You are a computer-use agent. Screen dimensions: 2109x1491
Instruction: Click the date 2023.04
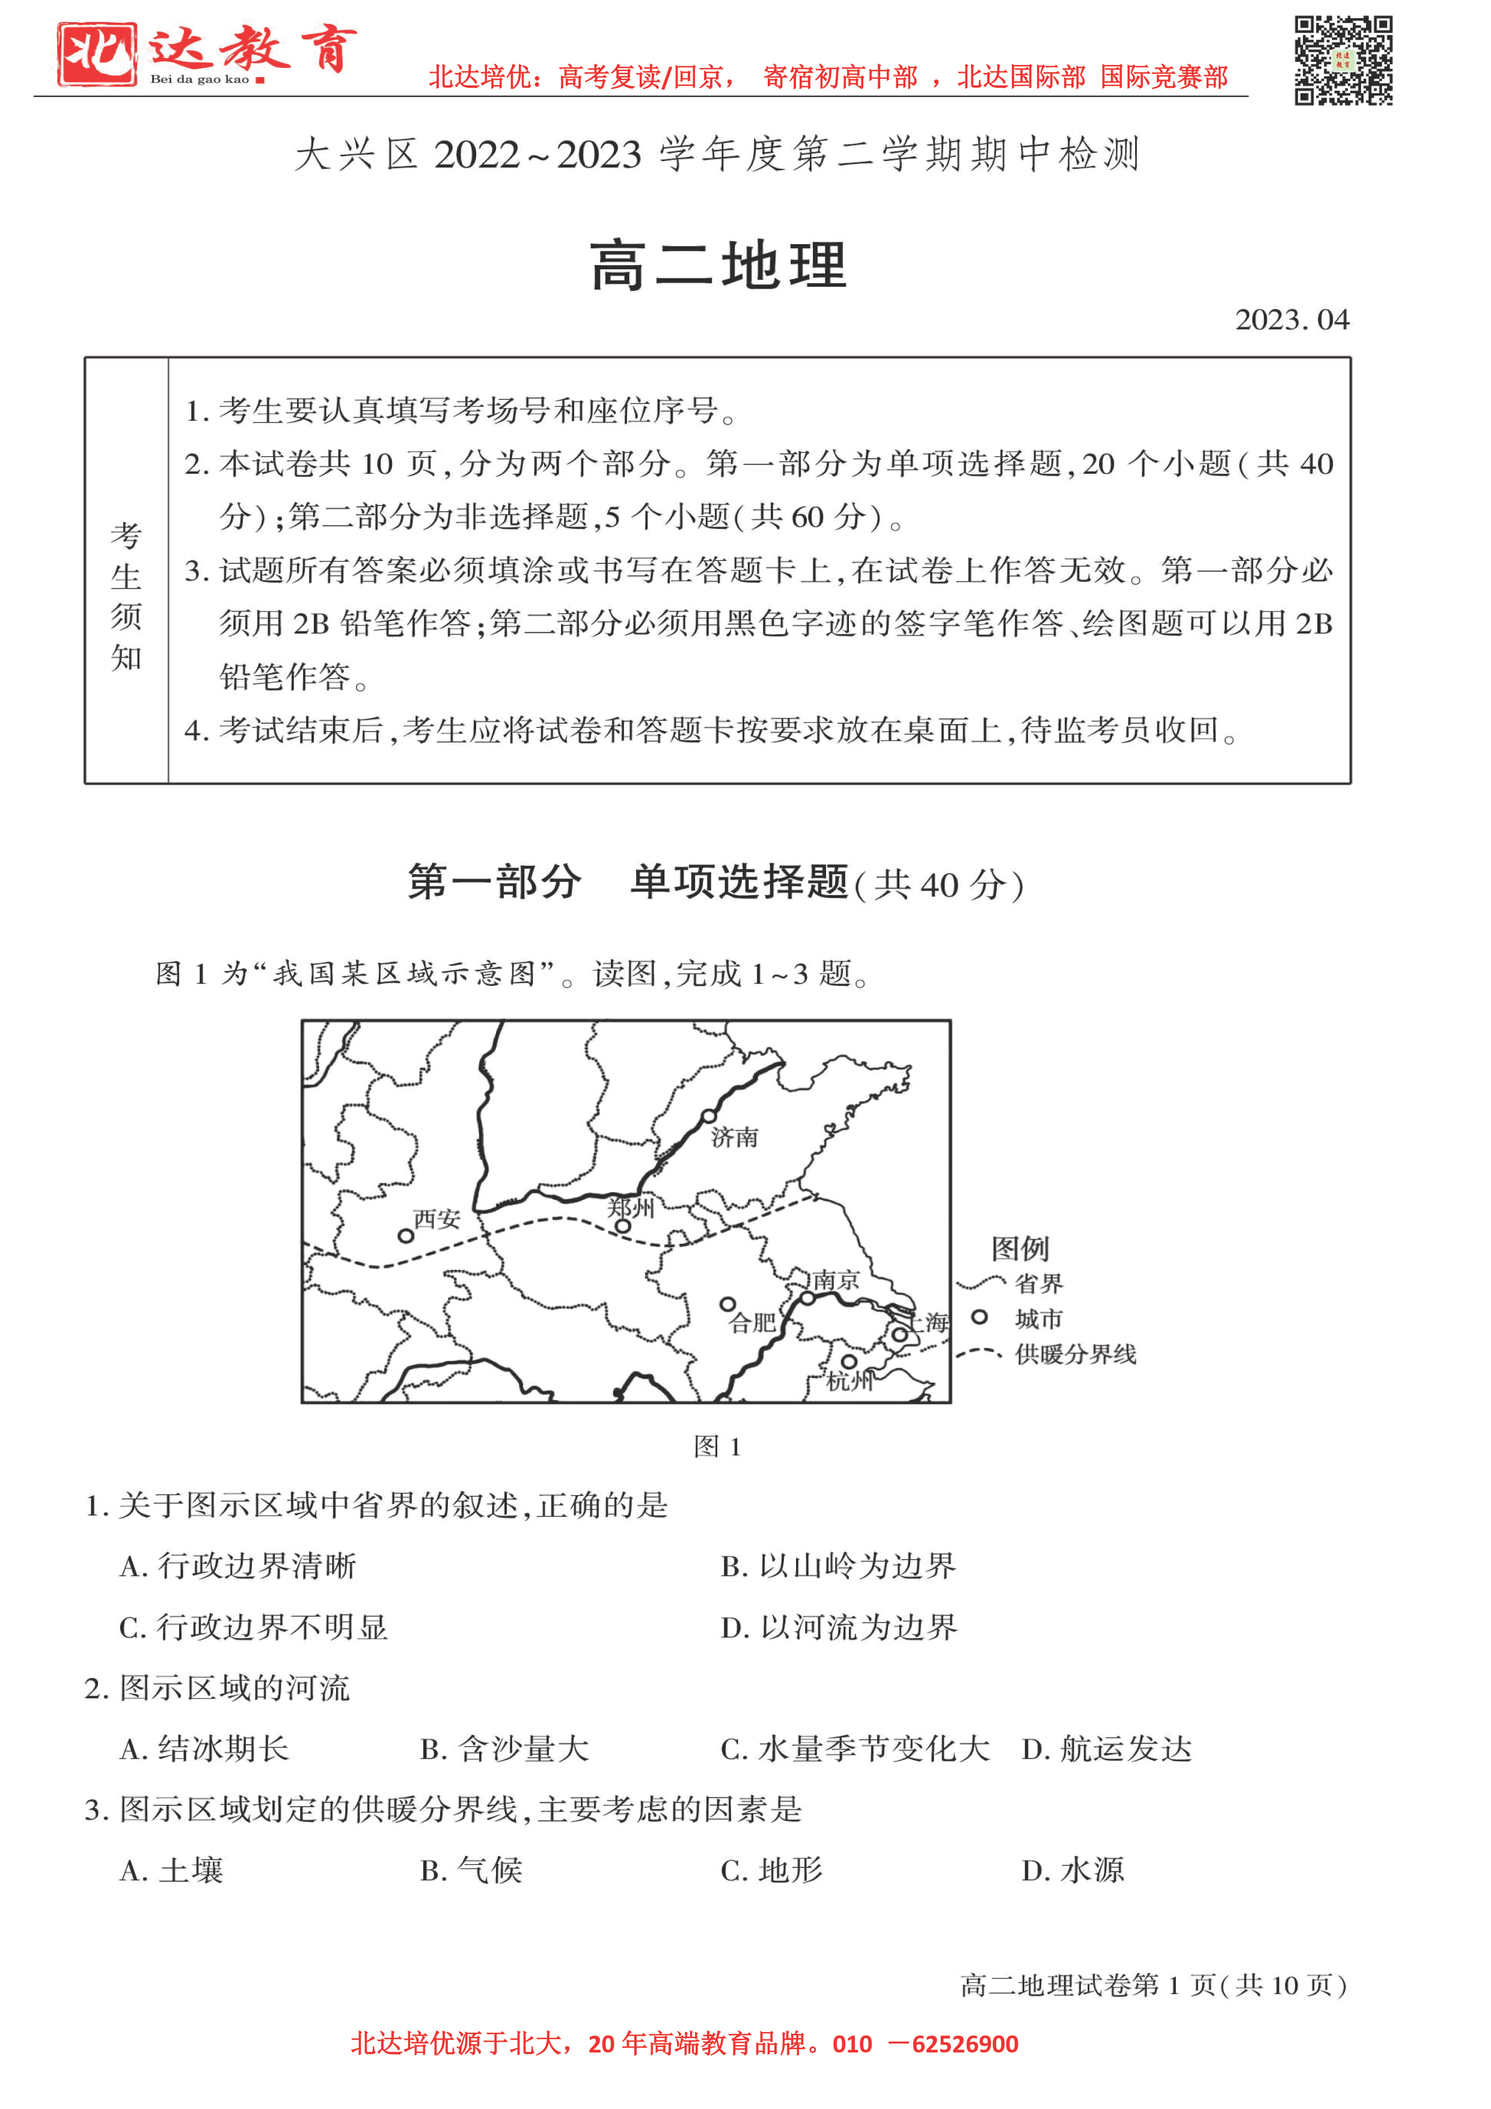point(1291,320)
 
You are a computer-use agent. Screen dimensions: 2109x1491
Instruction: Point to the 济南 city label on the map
point(735,1137)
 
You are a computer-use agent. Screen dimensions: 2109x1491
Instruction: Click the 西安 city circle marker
point(405,1237)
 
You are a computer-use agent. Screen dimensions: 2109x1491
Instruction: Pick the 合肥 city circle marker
point(727,1305)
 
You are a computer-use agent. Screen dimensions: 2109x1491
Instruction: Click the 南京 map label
point(836,1279)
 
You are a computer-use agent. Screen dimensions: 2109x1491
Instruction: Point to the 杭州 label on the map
point(850,1380)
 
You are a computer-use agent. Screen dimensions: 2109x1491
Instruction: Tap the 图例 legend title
point(1020,1248)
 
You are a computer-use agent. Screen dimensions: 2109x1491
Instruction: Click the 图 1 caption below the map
point(717,1446)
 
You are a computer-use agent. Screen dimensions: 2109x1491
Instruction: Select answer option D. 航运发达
point(1106,1748)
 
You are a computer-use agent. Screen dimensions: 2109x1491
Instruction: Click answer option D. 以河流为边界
point(839,1627)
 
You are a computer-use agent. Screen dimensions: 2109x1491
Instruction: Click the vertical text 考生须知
point(126,596)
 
